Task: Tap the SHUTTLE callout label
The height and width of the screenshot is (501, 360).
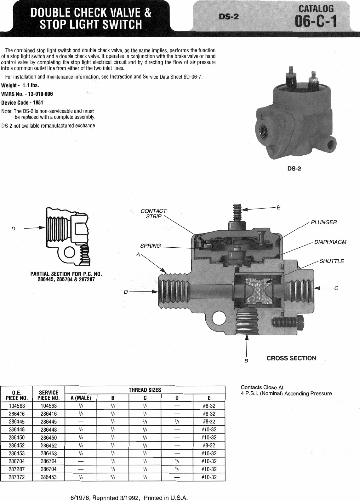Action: [x=332, y=261]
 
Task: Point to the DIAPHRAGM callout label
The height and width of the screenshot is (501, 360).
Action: [x=330, y=242]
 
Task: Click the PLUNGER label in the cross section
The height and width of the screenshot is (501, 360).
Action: [x=324, y=222]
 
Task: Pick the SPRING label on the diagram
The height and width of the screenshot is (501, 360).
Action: [x=150, y=246]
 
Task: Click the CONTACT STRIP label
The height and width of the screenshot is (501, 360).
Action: [x=154, y=214]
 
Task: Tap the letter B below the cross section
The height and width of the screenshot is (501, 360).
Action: [x=247, y=360]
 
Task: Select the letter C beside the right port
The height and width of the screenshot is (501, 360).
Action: [x=336, y=288]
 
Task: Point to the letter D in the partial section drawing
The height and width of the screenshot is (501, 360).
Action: [x=13, y=228]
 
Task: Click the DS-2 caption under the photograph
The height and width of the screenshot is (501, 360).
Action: [x=294, y=169]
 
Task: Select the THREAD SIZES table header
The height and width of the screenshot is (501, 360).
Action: [x=145, y=390]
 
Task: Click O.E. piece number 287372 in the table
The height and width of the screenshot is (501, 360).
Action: [x=17, y=477]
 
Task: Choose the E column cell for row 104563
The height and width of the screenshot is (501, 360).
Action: [x=209, y=406]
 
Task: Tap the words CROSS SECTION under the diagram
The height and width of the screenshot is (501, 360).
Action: [x=291, y=358]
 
